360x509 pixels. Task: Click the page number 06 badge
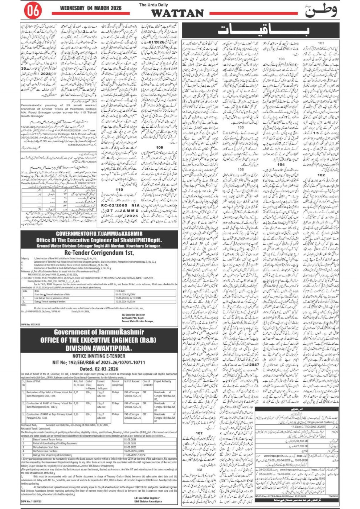[33, 11]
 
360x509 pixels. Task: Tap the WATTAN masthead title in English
[177, 13]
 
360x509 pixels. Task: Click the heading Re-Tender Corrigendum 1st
[99, 253]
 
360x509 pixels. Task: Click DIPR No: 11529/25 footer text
[31, 325]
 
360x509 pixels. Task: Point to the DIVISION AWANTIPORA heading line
[98, 348]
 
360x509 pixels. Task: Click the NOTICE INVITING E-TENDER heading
[99, 356]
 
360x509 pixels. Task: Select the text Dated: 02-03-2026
[99, 369]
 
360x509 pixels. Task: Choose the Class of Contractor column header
[147, 383]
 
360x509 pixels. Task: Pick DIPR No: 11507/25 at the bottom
[31, 502]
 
